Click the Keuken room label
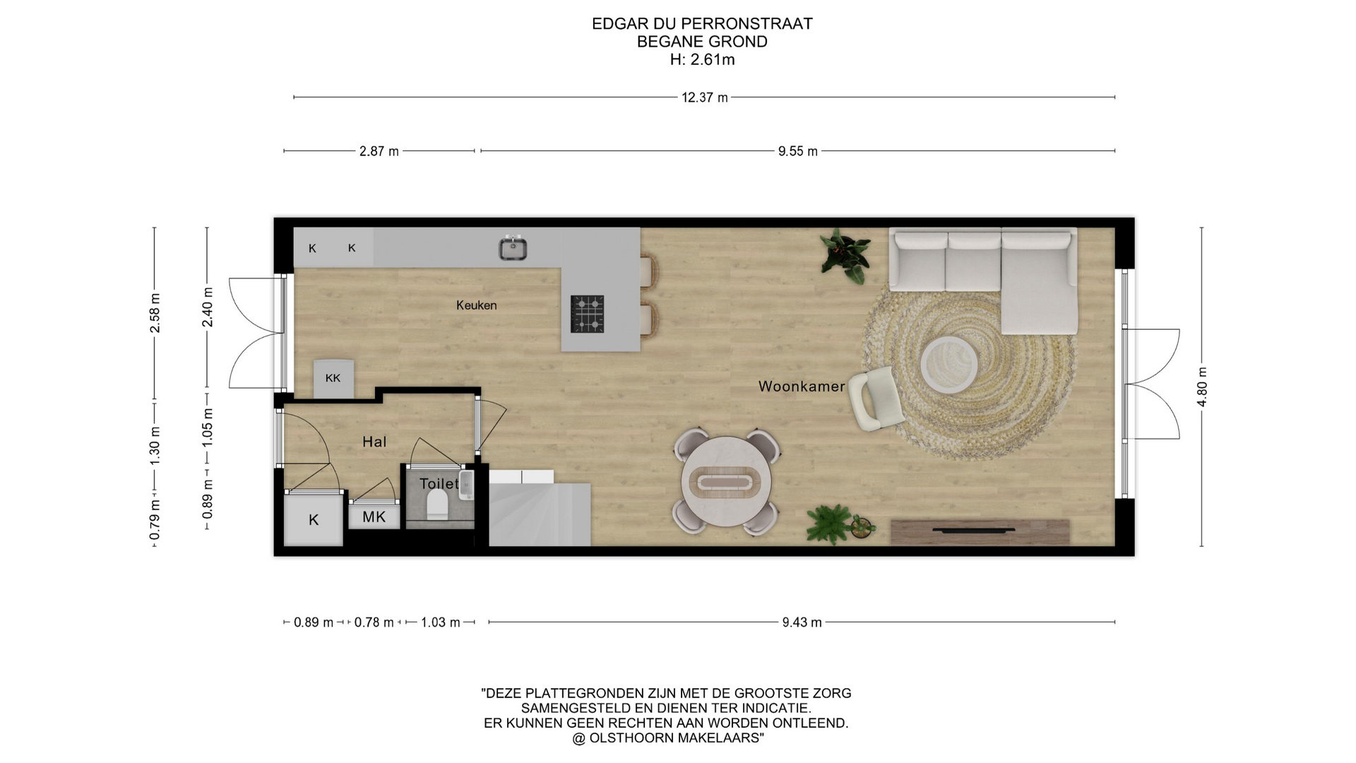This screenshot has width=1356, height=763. [476, 305]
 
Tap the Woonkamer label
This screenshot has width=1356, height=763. [802, 386]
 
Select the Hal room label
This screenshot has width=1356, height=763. [374, 442]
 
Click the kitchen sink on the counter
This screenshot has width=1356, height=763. [513, 247]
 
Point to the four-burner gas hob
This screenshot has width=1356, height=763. [588, 314]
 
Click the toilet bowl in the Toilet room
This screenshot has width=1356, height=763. [437, 504]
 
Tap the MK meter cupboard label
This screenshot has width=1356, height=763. [374, 517]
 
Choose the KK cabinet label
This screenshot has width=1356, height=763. [333, 378]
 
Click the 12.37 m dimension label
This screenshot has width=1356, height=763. [704, 97]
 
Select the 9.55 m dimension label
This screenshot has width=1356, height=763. [798, 151]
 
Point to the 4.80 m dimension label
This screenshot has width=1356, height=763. [1202, 387]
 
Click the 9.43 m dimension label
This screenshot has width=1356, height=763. [802, 622]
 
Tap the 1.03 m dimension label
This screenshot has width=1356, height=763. [441, 622]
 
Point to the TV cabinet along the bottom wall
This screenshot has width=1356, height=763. [980, 531]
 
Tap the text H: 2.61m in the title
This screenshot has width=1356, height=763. [702, 60]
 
